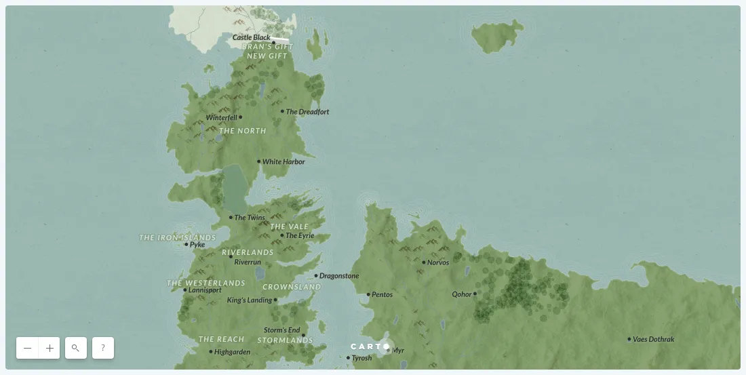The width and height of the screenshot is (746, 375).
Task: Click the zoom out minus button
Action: click(28, 348)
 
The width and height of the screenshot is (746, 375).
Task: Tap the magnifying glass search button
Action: click(76, 348)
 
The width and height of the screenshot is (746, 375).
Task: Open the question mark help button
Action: click(103, 348)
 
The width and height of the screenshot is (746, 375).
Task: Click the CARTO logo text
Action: click(366, 347)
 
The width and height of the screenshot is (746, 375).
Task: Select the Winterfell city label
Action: click(221, 117)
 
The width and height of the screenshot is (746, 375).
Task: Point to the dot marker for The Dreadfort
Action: click(283, 111)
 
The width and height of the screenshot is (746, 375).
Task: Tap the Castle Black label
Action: click(251, 38)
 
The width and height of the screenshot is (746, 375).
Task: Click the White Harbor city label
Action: click(283, 162)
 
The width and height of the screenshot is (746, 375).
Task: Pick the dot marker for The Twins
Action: click(231, 218)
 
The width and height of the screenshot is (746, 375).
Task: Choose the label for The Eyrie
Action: click(300, 236)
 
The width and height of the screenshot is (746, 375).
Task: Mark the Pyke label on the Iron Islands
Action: click(197, 245)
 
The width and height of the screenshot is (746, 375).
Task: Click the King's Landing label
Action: click(249, 300)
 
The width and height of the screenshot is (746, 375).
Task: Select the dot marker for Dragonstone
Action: click(316, 276)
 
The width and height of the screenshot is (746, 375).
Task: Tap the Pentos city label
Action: click(382, 295)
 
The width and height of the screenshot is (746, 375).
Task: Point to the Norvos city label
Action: click(438, 262)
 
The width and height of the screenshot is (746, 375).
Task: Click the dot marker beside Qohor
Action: click(475, 294)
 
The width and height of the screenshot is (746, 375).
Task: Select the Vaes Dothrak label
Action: click(654, 339)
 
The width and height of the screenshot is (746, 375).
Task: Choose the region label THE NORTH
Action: click(243, 131)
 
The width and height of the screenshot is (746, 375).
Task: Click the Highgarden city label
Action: click(232, 352)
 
